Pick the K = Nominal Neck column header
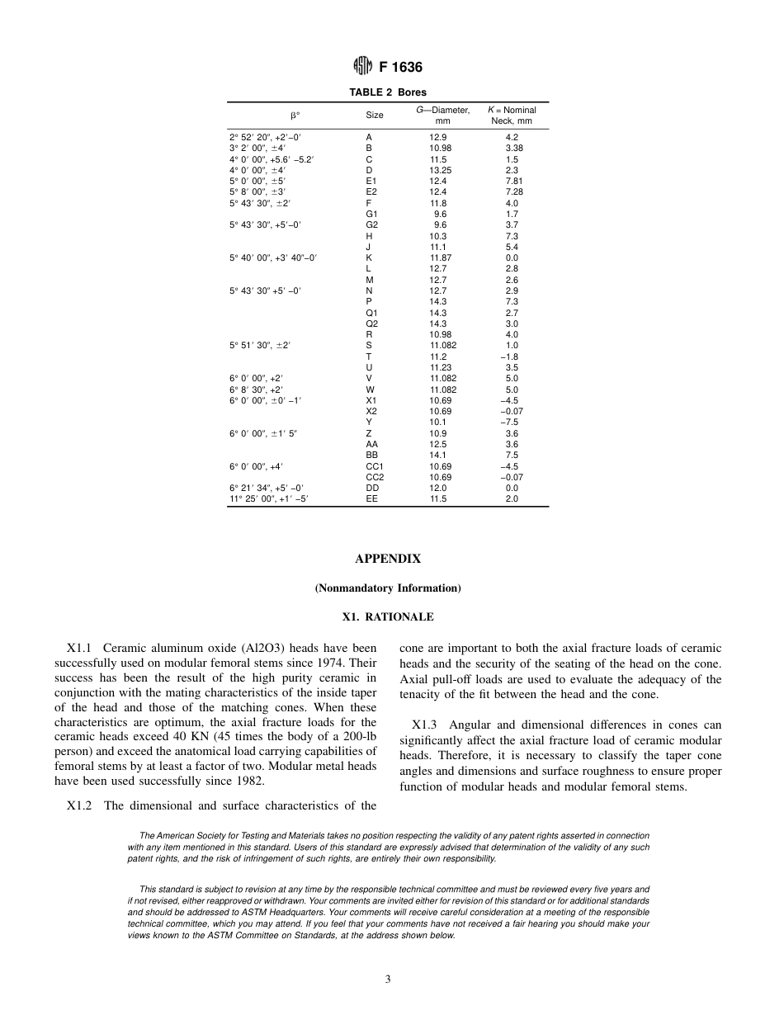(511, 116)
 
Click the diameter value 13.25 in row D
(440, 170)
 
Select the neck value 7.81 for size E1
(512, 181)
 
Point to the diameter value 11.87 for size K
(440, 257)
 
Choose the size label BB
(371, 455)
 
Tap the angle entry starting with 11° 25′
(269, 498)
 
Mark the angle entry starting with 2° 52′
(265, 137)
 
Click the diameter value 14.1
(438, 455)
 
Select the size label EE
(371, 498)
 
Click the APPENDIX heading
(387, 559)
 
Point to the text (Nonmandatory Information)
(387, 588)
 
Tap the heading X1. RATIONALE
(387, 616)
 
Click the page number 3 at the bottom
(387, 980)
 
